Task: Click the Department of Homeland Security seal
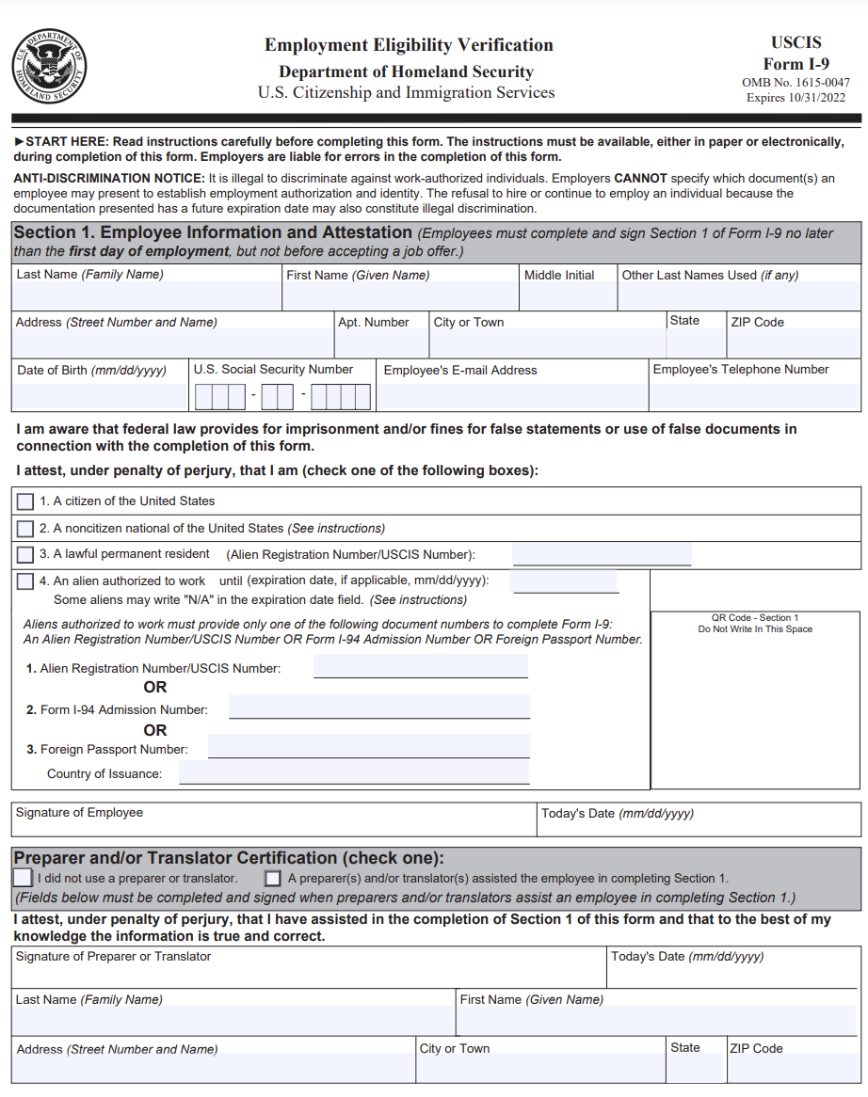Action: pyautogui.click(x=50, y=67)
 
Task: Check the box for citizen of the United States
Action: pyautogui.click(x=25, y=501)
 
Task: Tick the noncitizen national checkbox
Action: pyautogui.click(x=25, y=529)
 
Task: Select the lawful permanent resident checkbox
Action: pyautogui.click(x=25, y=555)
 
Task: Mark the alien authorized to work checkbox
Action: pyautogui.click(x=25, y=581)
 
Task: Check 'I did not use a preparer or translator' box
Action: pyautogui.click(x=23, y=878)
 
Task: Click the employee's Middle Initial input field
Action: pyautogui.click(x=569, y=296)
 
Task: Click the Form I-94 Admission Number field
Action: pyautogui.click(x=379, y=707)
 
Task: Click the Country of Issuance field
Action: pyautogui.click(x=354, y=773)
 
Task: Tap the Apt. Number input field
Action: pyautogui.click(x=380, y=343)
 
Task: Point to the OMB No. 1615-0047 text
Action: pyautogui.click(x=796, y=83)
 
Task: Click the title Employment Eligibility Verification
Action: pyautogui.click(x=409, y=45)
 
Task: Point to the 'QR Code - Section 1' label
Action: pyautogui.click(x=755, y=618)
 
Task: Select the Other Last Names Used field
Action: pyautogui.click(x=739, y=296)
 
